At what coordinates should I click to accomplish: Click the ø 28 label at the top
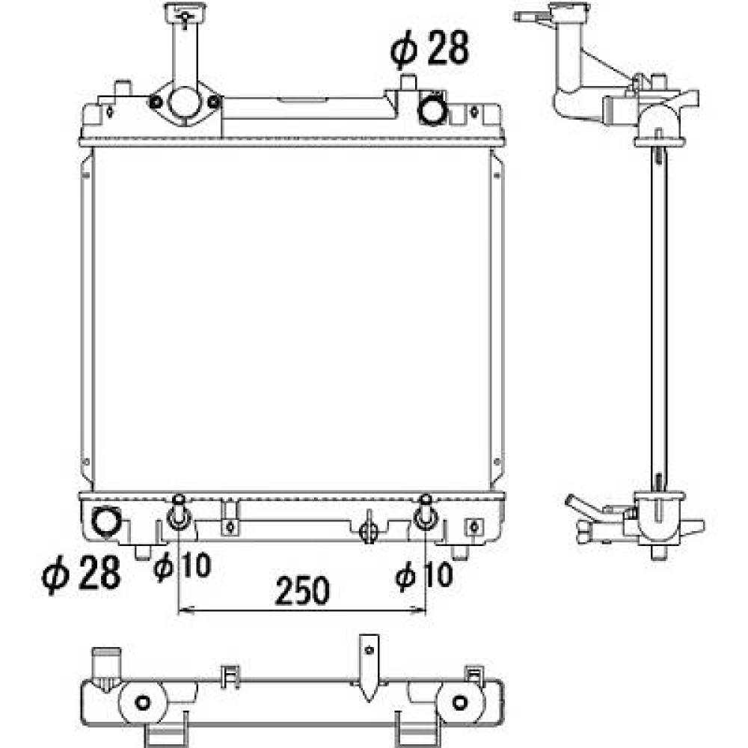[429, 49]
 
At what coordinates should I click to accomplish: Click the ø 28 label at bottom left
[82, 574]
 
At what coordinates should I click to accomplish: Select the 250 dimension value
[302, 591]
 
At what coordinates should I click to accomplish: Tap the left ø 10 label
[182, 567]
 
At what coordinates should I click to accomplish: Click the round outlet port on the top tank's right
[432, 110]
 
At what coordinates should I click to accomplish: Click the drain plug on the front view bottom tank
[367, 531]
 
